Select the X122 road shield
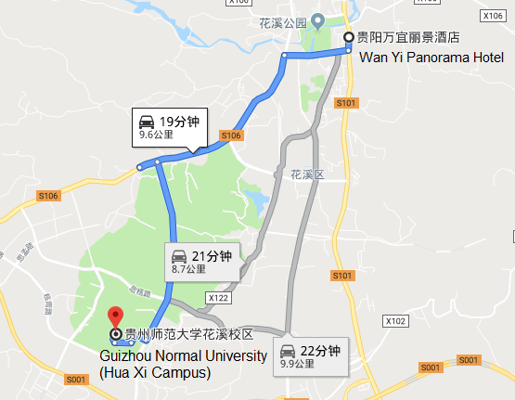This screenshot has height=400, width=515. tap(219, 298)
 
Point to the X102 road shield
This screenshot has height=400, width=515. tap(396, 320)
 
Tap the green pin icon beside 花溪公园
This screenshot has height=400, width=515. tap(317, 19)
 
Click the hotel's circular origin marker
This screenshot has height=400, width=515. tap(349, 38)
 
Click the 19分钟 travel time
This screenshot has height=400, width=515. tap(180, 122)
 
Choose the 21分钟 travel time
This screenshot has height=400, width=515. tap(212, 256)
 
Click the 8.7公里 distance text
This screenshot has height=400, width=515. tap(188, 270)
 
